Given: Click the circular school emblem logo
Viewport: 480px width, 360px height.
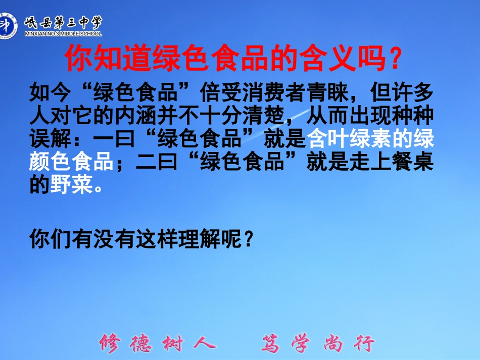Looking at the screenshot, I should pyautogui.click(x=9, y=25).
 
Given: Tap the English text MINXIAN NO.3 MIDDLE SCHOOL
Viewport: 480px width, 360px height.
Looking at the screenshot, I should pyautogui.click(x=63, y=34).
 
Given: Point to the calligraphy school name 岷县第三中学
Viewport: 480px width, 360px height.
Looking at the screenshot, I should pyautogui.click(x=63, y=22).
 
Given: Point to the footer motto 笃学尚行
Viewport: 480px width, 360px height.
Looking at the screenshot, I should pyautogui.click(x=318, y=343).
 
